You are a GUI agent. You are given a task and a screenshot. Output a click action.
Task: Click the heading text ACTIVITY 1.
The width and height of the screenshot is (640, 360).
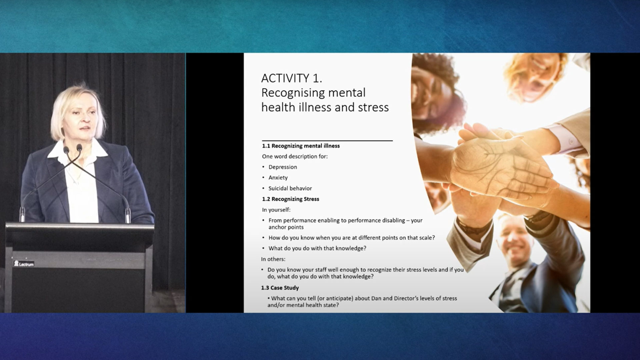point(291,78)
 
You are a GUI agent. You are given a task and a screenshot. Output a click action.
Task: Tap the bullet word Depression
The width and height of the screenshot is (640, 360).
point(283,167)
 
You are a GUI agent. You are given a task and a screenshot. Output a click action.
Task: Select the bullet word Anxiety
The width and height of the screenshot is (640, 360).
point(278,178)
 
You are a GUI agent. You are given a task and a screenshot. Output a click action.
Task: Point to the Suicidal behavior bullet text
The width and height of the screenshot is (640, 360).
point(290,188)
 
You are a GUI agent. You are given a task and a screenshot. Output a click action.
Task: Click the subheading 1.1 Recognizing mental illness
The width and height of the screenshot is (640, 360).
point(301,146)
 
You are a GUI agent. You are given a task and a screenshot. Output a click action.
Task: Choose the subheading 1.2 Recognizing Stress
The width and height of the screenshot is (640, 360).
point(290,199)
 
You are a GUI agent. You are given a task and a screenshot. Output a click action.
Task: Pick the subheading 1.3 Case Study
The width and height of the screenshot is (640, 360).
point(280,288)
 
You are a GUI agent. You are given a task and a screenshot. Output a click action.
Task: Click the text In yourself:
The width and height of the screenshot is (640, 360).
point(276,210)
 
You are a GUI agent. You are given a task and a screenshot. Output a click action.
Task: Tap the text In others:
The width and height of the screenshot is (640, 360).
point(273,259)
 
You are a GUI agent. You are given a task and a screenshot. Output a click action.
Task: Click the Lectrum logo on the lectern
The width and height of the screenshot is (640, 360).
point(24,264)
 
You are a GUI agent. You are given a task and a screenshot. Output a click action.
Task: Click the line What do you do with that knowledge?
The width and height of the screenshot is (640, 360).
point(317,248)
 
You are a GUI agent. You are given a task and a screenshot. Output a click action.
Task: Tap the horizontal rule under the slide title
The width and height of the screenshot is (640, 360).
point(327,141)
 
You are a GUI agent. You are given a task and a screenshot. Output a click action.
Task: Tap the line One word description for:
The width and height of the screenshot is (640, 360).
point(295,156)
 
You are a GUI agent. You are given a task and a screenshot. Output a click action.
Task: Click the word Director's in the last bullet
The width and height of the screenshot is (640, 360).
point(409,298)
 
